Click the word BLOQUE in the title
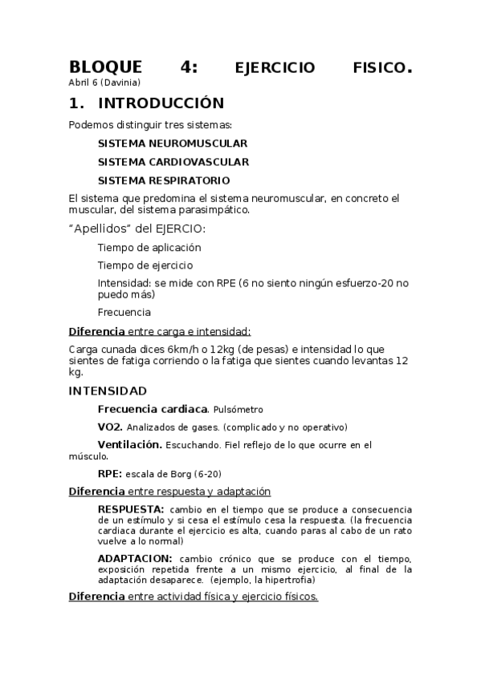[x=105, y=67]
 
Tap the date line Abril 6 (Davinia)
[x=104, y=83]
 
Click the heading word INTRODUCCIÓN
[x=161, y=103]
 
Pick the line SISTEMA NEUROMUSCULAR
[x=173, y=144]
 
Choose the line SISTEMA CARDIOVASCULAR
[x=173, y=162]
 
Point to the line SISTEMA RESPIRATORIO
[x=164, y=180]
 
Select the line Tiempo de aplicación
[x=149, y=248]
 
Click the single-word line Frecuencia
[x=124, y=312]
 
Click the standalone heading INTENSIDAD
[x=108, y=391]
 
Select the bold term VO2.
[x=110, y=427]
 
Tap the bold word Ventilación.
[x=129, y=444]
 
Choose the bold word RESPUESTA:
[x=131, y=509]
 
